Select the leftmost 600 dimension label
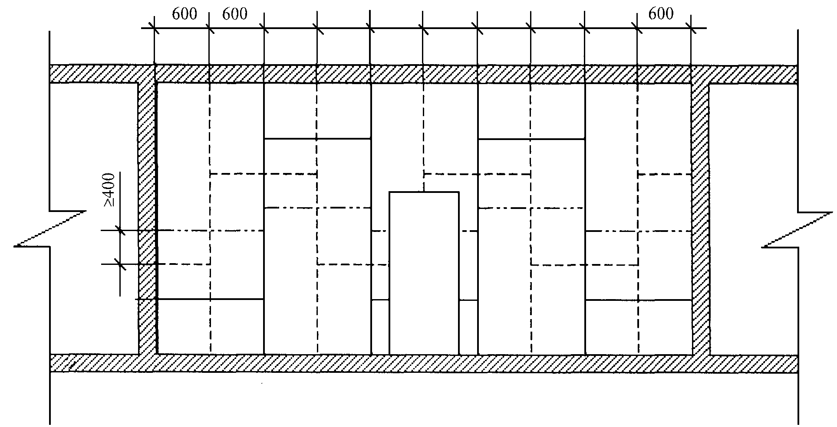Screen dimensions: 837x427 point(185,14)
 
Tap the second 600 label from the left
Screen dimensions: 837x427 point(235,14)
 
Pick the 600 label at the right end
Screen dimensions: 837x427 point(661,14)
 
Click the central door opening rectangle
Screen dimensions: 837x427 point(424,273)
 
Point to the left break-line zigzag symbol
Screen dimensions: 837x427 point(50,229)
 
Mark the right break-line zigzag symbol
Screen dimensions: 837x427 point(799,230)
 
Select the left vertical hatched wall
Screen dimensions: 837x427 point(147,217)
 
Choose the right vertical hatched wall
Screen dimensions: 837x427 point(700,217)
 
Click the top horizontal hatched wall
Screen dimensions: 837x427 point(424,74)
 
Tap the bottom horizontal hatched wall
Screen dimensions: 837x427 point(424,363)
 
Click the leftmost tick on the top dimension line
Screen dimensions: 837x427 point(155,29)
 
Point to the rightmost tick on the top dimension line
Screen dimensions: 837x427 point(692,29)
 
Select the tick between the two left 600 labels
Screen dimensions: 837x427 point(209,29)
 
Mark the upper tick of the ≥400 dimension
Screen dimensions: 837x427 point(120,230)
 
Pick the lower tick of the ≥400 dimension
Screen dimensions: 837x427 point(120,264)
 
